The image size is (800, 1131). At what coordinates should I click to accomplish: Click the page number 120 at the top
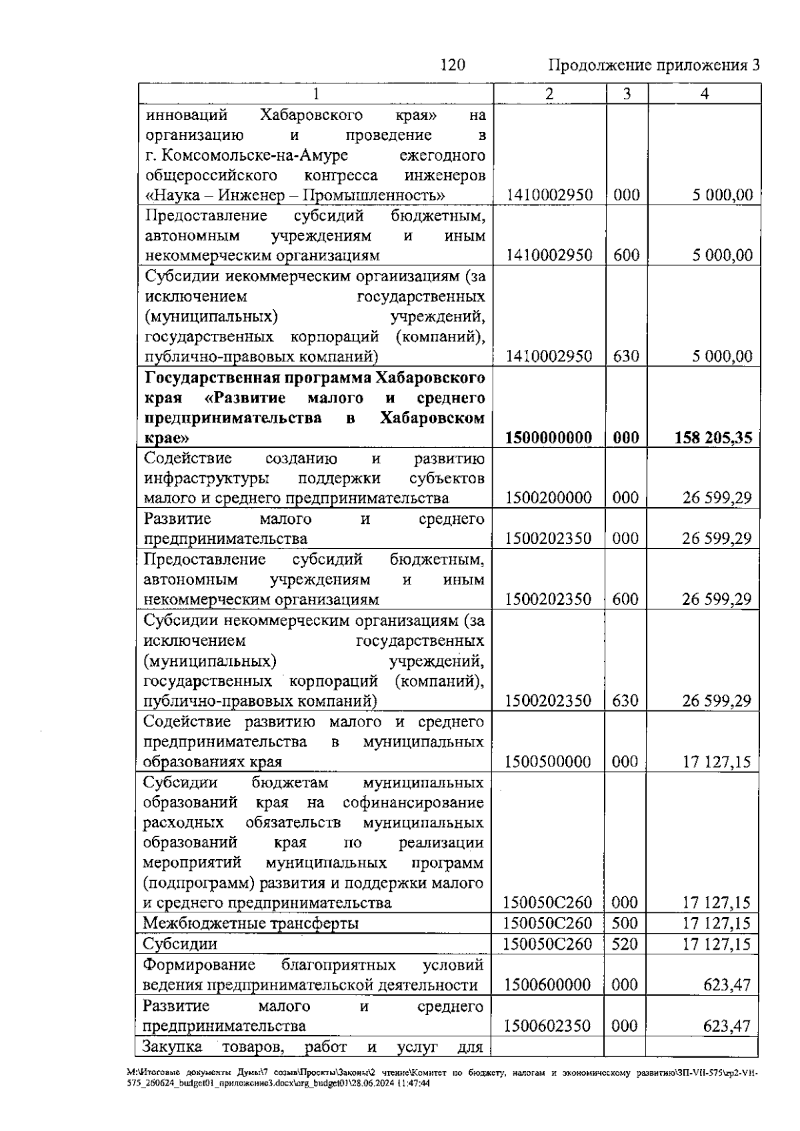click(453, 65)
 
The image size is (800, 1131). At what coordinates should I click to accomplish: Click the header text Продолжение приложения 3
click(653, 65)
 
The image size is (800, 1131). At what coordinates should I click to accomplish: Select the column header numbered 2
click(549, 94)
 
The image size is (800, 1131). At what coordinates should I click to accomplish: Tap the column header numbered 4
click(704, 94)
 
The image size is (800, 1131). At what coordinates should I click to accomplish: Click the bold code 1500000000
click(549, 438)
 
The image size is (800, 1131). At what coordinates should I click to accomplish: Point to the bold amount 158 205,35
click(713, 438)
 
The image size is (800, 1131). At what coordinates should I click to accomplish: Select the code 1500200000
click(548, 498)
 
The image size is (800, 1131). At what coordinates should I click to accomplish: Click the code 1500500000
click(548, 762)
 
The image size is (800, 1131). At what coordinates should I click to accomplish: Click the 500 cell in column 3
click(625, 923)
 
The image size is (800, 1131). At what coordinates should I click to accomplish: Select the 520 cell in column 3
click(625, 944)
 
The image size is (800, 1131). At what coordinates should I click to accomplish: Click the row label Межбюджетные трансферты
click(251, 924)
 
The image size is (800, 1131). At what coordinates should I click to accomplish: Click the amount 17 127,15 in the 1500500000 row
click(716, 762)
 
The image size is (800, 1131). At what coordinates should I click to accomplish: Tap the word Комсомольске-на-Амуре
click(253, 155)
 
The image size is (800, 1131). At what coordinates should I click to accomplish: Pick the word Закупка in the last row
click(173, 1046)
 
